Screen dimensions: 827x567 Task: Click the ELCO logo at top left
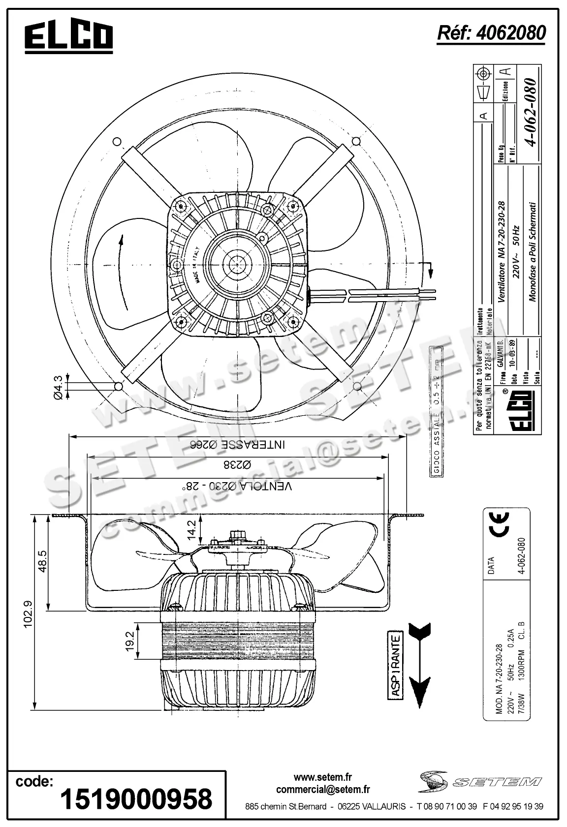(x=69, y=36)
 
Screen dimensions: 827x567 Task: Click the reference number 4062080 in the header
(x=491, y=32)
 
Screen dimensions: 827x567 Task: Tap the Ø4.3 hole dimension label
(x=58, y=387)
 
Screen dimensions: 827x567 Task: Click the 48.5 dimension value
(x=42, y=561)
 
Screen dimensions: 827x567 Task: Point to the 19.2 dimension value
(x=130, y=642)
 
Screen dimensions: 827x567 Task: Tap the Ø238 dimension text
(x=237, y=465)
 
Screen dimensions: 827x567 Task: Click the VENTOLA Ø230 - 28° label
(x=237, y=486)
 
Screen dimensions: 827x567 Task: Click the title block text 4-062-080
(x=531, y=112)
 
